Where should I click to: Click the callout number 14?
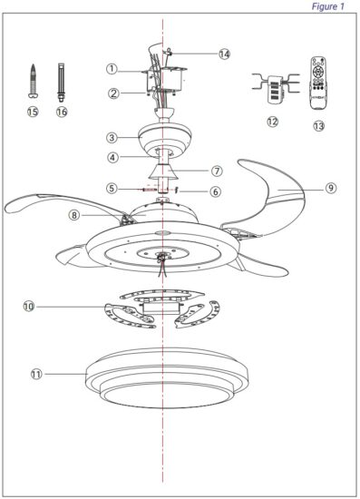(x=225, y=54)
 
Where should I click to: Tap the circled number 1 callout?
(x=112, y=69)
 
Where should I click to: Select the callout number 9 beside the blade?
(x=331, y=188)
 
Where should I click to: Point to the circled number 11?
(x=36, y=374)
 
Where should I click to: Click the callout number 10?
(x=29, y=307)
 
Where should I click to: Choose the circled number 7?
(x=217, y=171)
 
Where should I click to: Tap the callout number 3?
(x=112, y=138)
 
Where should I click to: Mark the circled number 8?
(x=74, y=215)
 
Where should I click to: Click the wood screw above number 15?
(x=33, y=81)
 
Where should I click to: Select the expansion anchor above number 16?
(x=61, y=82)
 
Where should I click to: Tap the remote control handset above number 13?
(x=319, y=83)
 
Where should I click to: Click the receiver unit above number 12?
(x=276, y=88)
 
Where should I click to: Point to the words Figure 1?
(x=328, y=6)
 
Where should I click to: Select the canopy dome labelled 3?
(x=165, y=139)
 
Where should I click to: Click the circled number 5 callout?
(x=112, y=188)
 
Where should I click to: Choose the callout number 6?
(x=216, y=191)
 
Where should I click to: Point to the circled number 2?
(x=113, y=93)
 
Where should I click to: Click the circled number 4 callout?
(x=112, y=157)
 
